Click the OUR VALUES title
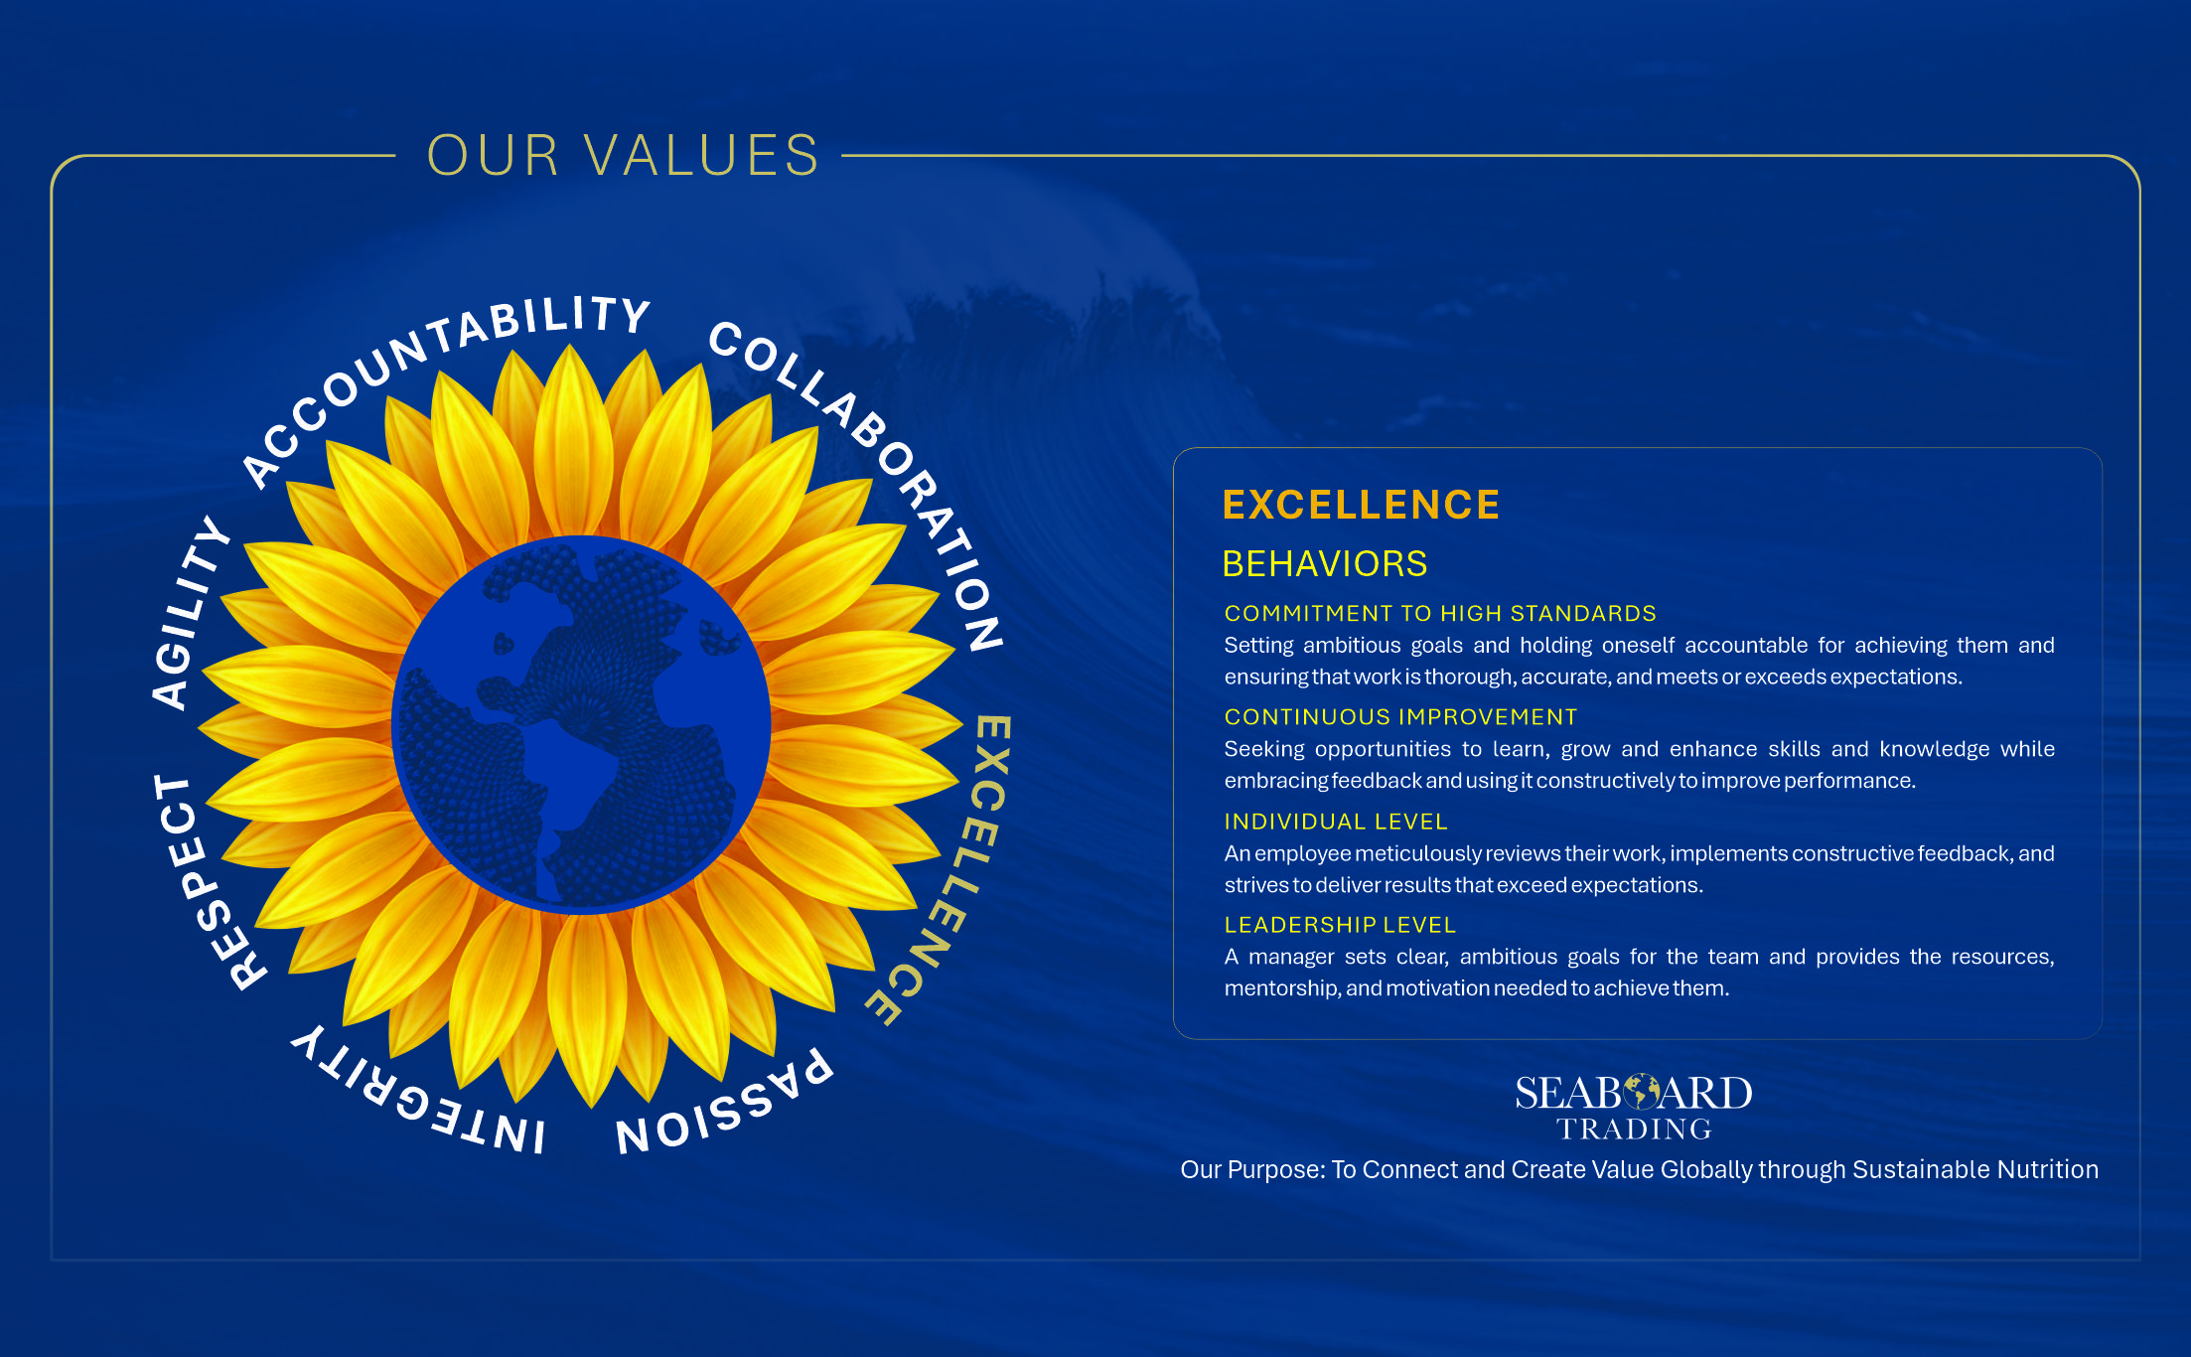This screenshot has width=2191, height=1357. click(623, 156)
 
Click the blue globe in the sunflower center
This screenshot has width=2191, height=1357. click(582, 724)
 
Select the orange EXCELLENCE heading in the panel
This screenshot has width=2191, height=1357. click(1361, 505)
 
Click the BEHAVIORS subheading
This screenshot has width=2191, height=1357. click(1325, 564)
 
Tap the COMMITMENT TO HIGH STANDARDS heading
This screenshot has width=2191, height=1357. click(1440, 614)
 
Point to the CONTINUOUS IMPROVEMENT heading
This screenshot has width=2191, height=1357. click(1400, 717)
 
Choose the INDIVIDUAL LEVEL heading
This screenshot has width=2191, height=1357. click(1336, 822)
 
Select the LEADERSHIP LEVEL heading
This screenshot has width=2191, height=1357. click(1340, 925)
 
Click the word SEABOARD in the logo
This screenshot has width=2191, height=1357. click(1634, 1093)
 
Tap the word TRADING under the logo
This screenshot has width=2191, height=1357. click(1634, 1130)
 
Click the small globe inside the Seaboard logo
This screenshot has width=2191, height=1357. click(1641, 1092)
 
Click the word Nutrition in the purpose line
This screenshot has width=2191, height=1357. click(2048, 1169)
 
